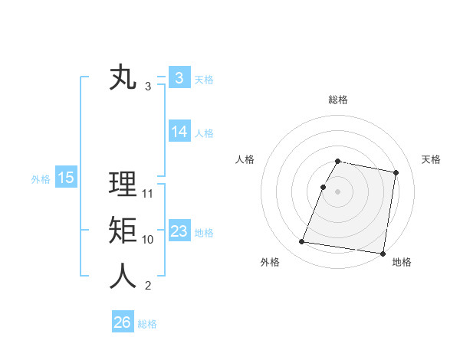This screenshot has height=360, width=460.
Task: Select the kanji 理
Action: click(123, 185)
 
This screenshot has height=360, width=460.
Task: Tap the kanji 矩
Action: click(123, 231)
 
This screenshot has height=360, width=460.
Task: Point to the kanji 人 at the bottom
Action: click(123, 277)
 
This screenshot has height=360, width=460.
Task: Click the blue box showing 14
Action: click(179, 132)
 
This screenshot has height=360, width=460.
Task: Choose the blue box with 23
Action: click(179, 231)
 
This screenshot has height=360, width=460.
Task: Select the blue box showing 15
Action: click(65, 178)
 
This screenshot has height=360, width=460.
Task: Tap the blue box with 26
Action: click(122, 322)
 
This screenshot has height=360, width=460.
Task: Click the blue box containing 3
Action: click(179, 77)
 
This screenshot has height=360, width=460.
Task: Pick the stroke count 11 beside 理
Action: click(148, 194)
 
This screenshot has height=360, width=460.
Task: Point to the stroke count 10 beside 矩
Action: click(148, 240)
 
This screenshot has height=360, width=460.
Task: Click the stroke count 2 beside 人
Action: click(148, 286)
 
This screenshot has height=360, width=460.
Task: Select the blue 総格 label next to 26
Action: click(147, 324)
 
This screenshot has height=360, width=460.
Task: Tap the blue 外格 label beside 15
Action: click(40, 179)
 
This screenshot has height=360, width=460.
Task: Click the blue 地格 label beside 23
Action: click(204, 233)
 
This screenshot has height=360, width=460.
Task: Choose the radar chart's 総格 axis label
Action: click(337, 100)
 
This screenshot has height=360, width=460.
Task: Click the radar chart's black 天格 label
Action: click(431, 159)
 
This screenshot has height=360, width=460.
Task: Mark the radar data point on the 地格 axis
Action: click(382, 253)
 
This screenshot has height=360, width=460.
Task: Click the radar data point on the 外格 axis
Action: click(302, 242)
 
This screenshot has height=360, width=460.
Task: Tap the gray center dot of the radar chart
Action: click(337, 191)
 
